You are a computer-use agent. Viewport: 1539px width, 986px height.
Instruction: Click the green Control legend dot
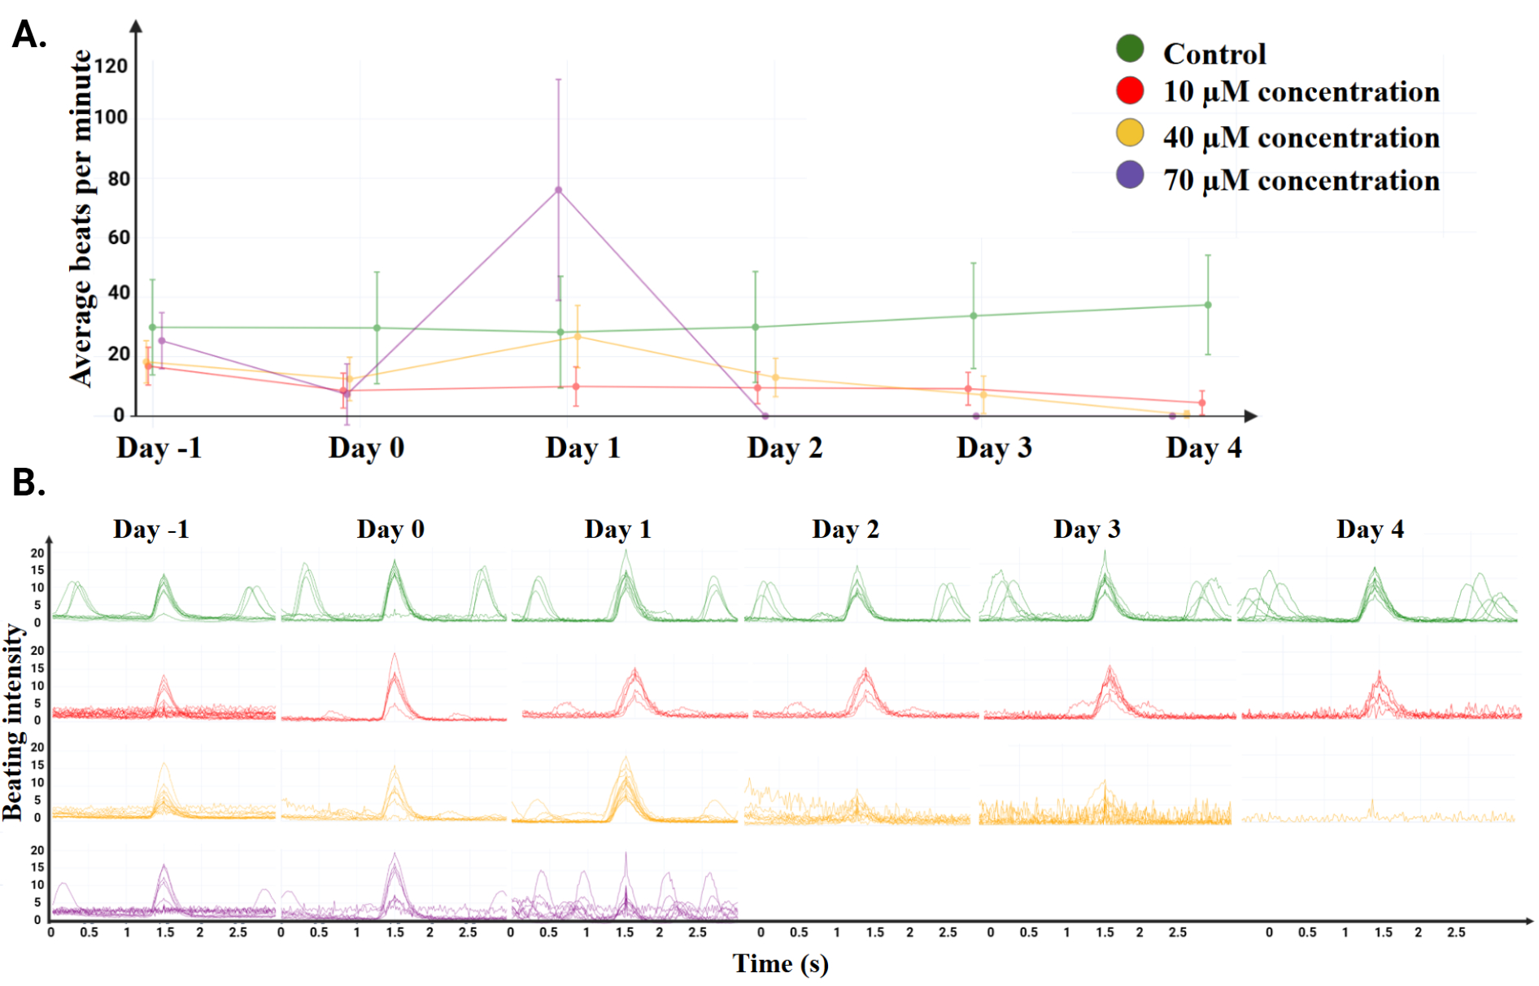coord(1130,49)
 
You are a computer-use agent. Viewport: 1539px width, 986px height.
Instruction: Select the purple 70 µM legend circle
coord(1130,175)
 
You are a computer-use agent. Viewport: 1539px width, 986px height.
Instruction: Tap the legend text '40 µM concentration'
coord(1301,137)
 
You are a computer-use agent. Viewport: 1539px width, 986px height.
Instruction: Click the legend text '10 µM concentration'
coord(1301,91)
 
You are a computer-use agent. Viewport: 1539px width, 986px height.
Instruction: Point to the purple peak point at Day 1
coord(558,190)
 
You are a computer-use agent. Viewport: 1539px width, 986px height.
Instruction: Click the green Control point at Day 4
coord(1208,305)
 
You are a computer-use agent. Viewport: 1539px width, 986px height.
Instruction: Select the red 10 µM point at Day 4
coord(1202,403)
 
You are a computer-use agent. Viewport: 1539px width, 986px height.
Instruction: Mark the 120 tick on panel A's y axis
coord(111,66)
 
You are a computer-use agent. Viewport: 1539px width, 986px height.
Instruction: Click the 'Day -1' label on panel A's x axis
coord(159,447)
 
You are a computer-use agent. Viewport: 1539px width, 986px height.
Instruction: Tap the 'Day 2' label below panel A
coord(785,447)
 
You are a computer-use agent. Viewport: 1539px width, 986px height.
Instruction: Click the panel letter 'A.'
coord(29,35)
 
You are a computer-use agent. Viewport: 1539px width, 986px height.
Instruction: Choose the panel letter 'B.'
coord(29,482)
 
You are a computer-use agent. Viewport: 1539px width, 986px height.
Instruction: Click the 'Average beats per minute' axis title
coord(81,218)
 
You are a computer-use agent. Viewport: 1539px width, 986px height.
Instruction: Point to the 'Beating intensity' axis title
coord(13,722)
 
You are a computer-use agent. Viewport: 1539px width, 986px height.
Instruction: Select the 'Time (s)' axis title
coord(781,963)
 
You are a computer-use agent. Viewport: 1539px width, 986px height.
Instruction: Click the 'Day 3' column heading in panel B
coord(1087,529)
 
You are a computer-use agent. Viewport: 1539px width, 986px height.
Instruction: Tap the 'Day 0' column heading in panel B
coord(390,529)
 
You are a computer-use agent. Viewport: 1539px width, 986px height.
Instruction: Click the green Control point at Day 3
coord(974,316)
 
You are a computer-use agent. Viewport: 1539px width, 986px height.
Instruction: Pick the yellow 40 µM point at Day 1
coord(578,336)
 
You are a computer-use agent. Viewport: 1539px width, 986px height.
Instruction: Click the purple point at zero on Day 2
coord(765,417)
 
